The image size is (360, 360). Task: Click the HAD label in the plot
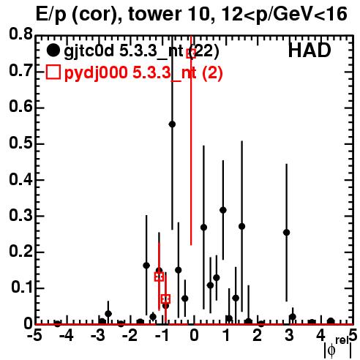coord(310,50)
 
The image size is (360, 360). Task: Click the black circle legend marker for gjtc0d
coord(53,50)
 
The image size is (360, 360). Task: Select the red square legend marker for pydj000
coord(53,72)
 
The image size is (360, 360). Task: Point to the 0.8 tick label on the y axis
coord(21,34)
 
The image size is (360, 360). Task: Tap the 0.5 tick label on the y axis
coord(21,143)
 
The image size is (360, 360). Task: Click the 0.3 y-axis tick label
coord(21,215)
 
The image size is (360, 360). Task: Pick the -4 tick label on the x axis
coord(66,335)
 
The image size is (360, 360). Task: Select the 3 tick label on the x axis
coord(289,335)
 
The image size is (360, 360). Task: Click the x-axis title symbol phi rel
coord(338,348)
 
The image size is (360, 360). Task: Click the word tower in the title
coord(154,14)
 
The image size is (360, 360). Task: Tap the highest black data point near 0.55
coord(172,124)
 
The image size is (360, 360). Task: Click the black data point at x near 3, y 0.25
coord(287,233)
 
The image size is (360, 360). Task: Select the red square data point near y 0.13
coord(159,277)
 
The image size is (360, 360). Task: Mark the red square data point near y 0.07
coord(165,299)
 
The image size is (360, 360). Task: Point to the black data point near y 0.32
coord(223,210)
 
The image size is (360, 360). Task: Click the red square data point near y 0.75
coord(191,53)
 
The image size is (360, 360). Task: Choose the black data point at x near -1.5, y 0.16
coord(146,266)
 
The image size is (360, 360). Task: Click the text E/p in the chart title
coord(51,15)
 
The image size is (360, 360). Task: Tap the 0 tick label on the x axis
coord(194,335)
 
